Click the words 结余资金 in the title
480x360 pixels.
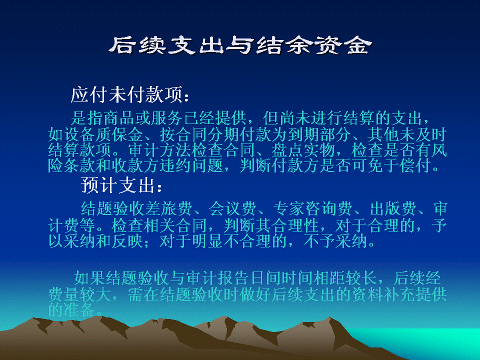(x=314, y=46)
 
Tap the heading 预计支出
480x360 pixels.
(x=117, y=185)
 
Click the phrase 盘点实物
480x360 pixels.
(x=303, y=150)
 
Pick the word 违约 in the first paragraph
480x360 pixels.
(x=175, y=165)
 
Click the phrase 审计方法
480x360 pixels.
(x=159, y=150)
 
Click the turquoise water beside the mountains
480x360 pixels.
(x=428, y=343)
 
